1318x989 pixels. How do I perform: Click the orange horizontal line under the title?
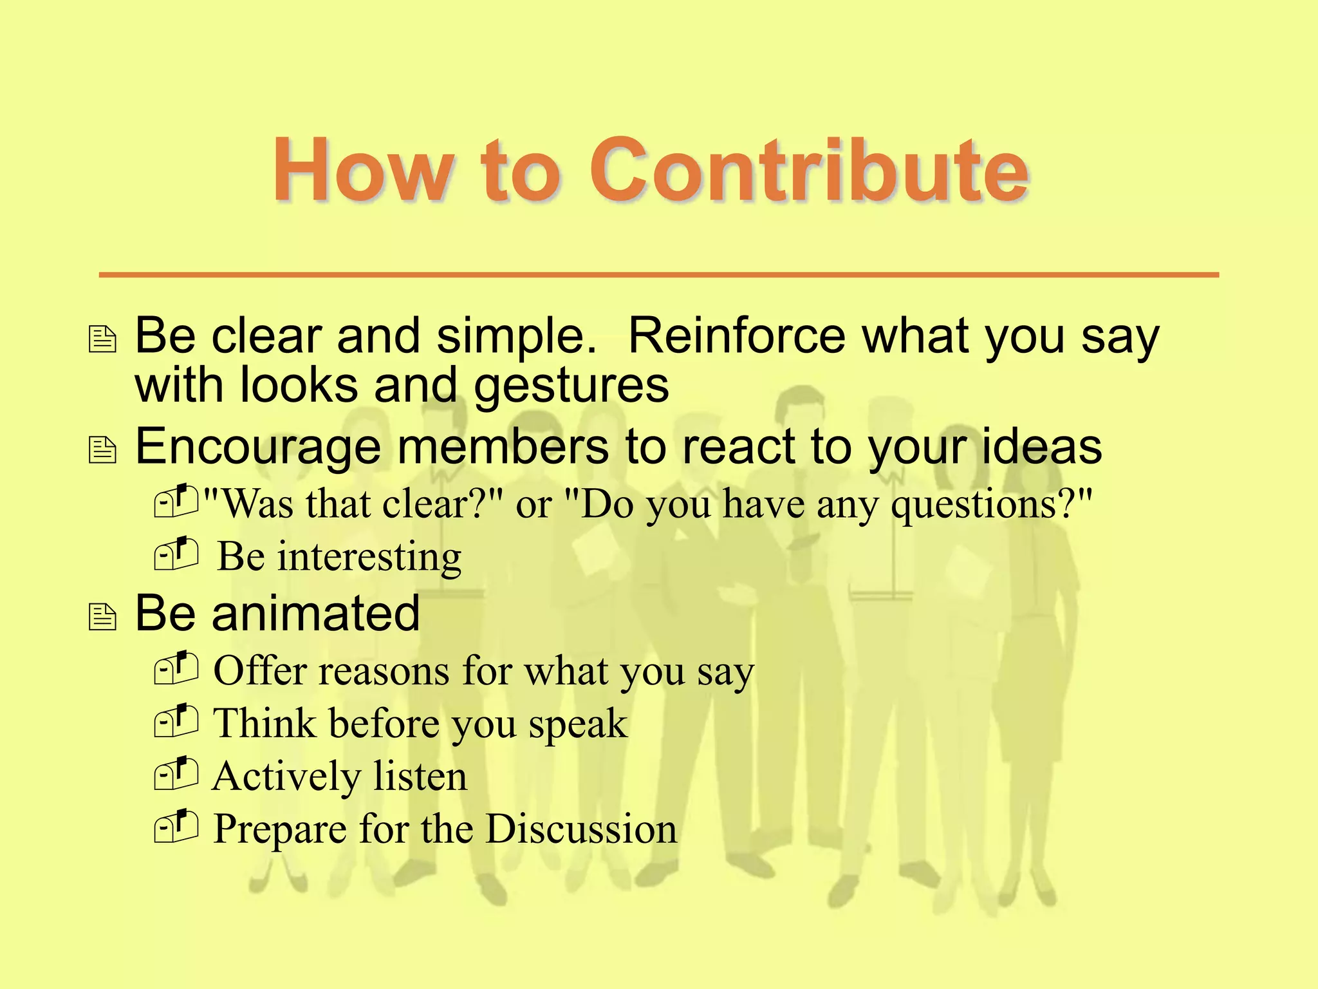click(658, 275)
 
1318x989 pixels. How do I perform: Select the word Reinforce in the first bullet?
click(736, 336)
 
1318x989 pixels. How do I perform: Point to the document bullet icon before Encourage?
click(102, 450)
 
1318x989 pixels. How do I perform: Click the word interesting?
click(369, 557)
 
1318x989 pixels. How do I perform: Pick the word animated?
click(316, 613)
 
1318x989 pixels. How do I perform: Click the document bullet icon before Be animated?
click(102, 617)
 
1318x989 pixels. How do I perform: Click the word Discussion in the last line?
click(580, 829)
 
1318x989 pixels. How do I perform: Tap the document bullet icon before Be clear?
click(102, 339)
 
